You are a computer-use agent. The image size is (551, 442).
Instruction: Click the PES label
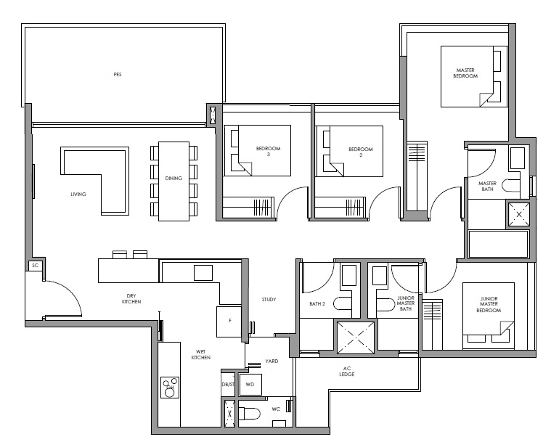click(x=118, y=75)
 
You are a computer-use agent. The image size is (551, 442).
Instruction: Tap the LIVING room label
click(x=78, y=194)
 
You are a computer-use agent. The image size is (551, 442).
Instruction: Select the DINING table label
click(x=174, y=178)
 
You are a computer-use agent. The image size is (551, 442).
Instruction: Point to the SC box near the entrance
click(x=35, y=265)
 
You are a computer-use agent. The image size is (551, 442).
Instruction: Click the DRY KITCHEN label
click(x=131, y=298)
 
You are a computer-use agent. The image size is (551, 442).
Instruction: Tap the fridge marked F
click(x=229, y=322)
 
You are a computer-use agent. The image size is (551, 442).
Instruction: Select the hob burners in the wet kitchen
click(x=170, y=387)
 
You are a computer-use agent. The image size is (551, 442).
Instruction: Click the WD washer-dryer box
click(x=250, y=385)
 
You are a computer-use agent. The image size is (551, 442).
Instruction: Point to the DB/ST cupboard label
click(x=228, y=385)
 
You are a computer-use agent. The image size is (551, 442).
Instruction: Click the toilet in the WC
click(x=249, y=413)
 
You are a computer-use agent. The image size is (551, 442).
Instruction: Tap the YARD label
click(x=272, y=361)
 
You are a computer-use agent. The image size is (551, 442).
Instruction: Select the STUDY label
click(x=269, y=299)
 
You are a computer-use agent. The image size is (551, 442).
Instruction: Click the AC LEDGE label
click(x=347, y=371)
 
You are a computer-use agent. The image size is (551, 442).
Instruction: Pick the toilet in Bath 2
click(x=343, y=304)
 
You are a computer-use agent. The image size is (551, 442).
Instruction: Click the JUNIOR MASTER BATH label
click(x=406, y=303)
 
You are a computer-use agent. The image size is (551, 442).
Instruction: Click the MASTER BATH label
click(x=487, y=186)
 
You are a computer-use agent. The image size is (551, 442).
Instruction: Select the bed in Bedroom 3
click(x=258, y=150)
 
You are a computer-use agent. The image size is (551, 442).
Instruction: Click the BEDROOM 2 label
click(x=361, y=152)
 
